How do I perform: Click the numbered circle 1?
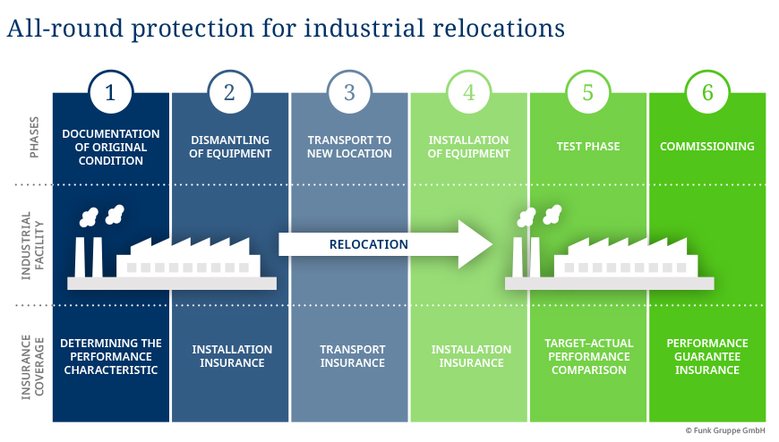click(110, 92)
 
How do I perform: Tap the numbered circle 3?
click(349, 92)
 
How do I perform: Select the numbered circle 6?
click(707, 92)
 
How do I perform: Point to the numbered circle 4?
click(468, 92)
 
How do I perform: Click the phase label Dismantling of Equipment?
click(231, 147)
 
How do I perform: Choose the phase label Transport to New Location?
click(350, 147)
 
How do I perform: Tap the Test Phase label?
click(588, 147)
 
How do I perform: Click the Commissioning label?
click(707, 147)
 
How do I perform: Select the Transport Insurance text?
click(352, 356)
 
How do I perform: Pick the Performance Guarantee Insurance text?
click(707, 356)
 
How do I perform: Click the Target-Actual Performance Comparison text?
click(588, 356)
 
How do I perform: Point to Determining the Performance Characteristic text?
click(111, 356)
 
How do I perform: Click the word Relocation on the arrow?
click(369, 244)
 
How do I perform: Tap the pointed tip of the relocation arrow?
click(492, 244)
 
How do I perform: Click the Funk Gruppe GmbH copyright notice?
click(725, 430)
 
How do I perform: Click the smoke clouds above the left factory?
click(101, 215)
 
